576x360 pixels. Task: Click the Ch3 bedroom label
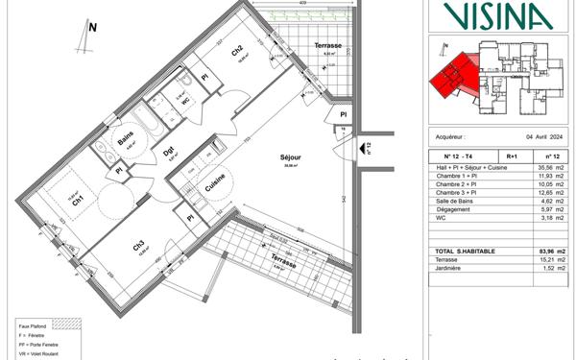coord(139,246)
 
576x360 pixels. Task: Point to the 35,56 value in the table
coord(546,166)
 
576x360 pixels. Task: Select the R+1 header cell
coord(511,155)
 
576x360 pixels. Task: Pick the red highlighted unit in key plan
coord(451,75)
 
